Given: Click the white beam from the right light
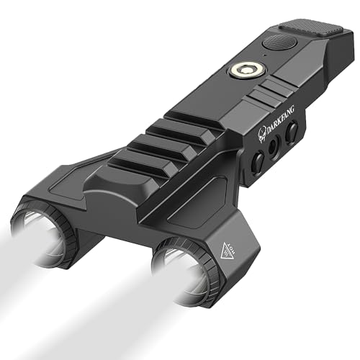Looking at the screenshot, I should click(x=108, y=317).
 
